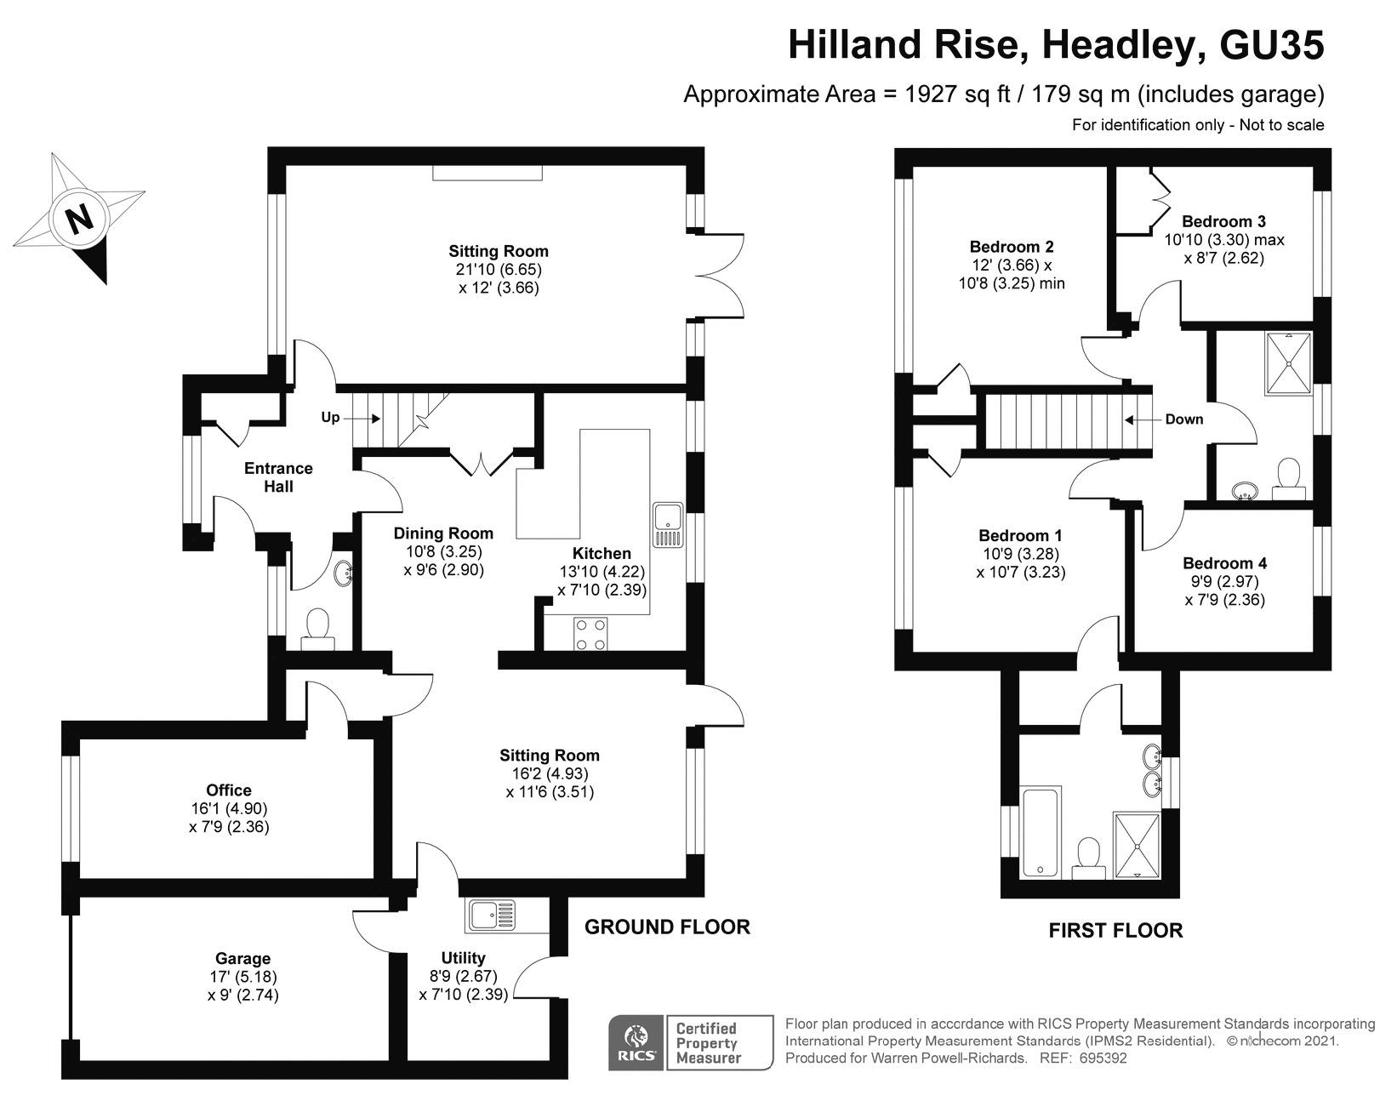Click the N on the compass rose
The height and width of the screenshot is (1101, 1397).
(x=80, y=220)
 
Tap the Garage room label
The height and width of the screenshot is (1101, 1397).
(x=242, y=958)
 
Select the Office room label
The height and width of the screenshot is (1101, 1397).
(x=229, y=790)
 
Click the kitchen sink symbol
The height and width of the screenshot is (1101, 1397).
(x=668, y=525)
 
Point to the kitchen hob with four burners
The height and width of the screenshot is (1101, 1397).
(x=591, y=634)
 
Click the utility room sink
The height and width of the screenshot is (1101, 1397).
(x=491, y=916)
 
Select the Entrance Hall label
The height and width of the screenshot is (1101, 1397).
(x=278, y=477)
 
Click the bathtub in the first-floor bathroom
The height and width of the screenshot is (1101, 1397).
(x=1041, y=832)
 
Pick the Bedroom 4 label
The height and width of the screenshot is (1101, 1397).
(x=1224, y=563)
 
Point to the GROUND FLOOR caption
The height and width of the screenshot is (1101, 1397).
(x=667, y=927)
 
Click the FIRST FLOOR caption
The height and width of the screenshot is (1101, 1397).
(x=1115, y=930)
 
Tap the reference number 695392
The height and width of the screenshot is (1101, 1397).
(x=1103, y=1059)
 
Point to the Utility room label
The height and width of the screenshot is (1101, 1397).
(x=463, y=958)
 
